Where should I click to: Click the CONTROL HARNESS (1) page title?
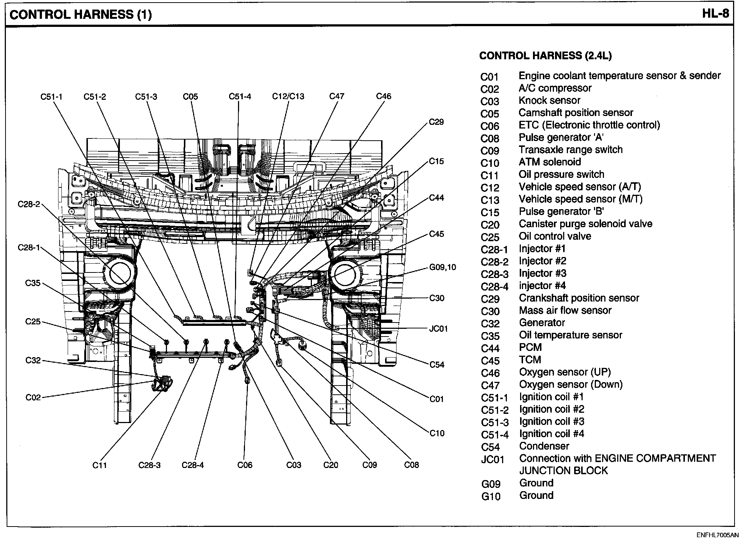point(80,15)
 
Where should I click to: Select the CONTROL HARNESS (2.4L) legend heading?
point(545,56)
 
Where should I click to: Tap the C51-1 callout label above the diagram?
point(51,97)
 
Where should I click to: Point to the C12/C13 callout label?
point(288,96)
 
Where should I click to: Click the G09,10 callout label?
point(442,267)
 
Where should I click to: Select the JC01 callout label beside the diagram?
point(438,328)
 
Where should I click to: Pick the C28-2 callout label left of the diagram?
point(29,204)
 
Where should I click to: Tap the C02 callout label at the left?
point(33,398)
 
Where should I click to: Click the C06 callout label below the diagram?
point(245,465)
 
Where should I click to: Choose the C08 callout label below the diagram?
point(411,465)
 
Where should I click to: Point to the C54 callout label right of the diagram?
point(437,365)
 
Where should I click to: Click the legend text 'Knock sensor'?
point(549,101)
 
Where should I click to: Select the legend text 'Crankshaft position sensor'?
point(579,298)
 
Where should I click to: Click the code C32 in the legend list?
point(490,324)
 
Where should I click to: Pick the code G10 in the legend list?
point(491,496)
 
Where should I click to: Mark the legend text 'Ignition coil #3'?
point(551,422)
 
